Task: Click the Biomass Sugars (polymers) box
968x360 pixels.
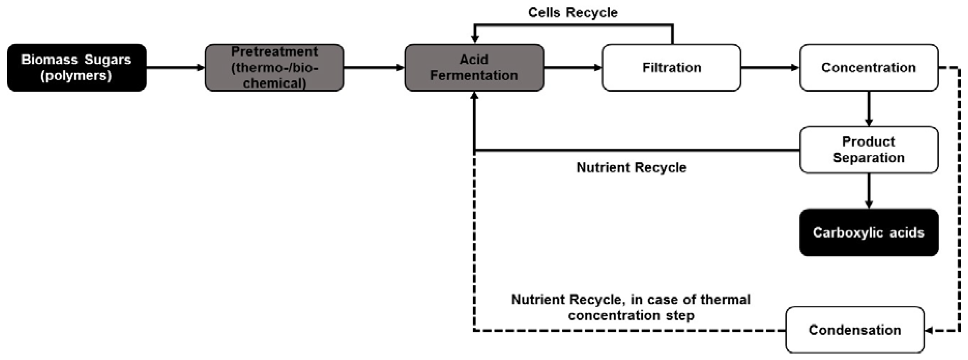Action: pos(77,68)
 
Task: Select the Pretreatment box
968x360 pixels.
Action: pos(274,68)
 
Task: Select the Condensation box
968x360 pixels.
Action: pos(855,330)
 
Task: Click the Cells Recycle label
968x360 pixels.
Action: pos(573,13)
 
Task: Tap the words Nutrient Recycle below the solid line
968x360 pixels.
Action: pos(631,168)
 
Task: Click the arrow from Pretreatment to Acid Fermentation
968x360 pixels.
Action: pos(374,68)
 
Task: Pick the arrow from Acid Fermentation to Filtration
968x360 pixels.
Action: pos(573,68)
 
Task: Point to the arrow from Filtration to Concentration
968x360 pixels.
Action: pos(770,68)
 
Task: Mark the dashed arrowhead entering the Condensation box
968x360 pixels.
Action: pos(929,330)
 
